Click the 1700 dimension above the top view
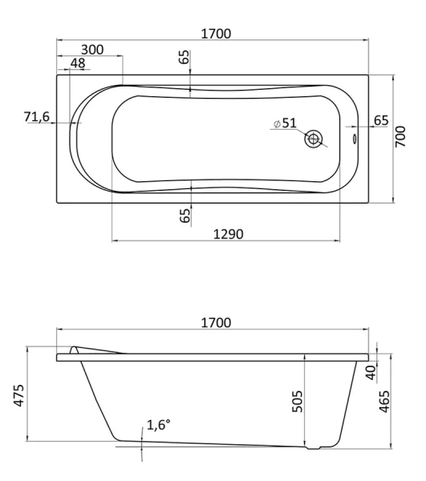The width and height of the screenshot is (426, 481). click(x=214, y=34)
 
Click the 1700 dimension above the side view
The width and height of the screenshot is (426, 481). click(x=214, y=322)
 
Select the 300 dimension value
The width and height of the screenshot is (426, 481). click(x=92, y=50)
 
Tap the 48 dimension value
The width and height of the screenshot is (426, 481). click(x=78, y=63)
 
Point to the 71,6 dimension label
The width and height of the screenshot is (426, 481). click(x=38, y=118)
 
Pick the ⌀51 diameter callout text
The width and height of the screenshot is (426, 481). click(x=285, y=123)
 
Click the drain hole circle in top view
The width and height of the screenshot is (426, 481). click(x=314, y=139)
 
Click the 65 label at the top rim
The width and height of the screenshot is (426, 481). click(x=185, y=58)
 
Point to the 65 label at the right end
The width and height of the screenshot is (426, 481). click(x=381, y=120)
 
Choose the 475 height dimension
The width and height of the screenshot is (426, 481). click(x=18, y=395)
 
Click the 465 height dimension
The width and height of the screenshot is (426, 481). click(x=384, y=398)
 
